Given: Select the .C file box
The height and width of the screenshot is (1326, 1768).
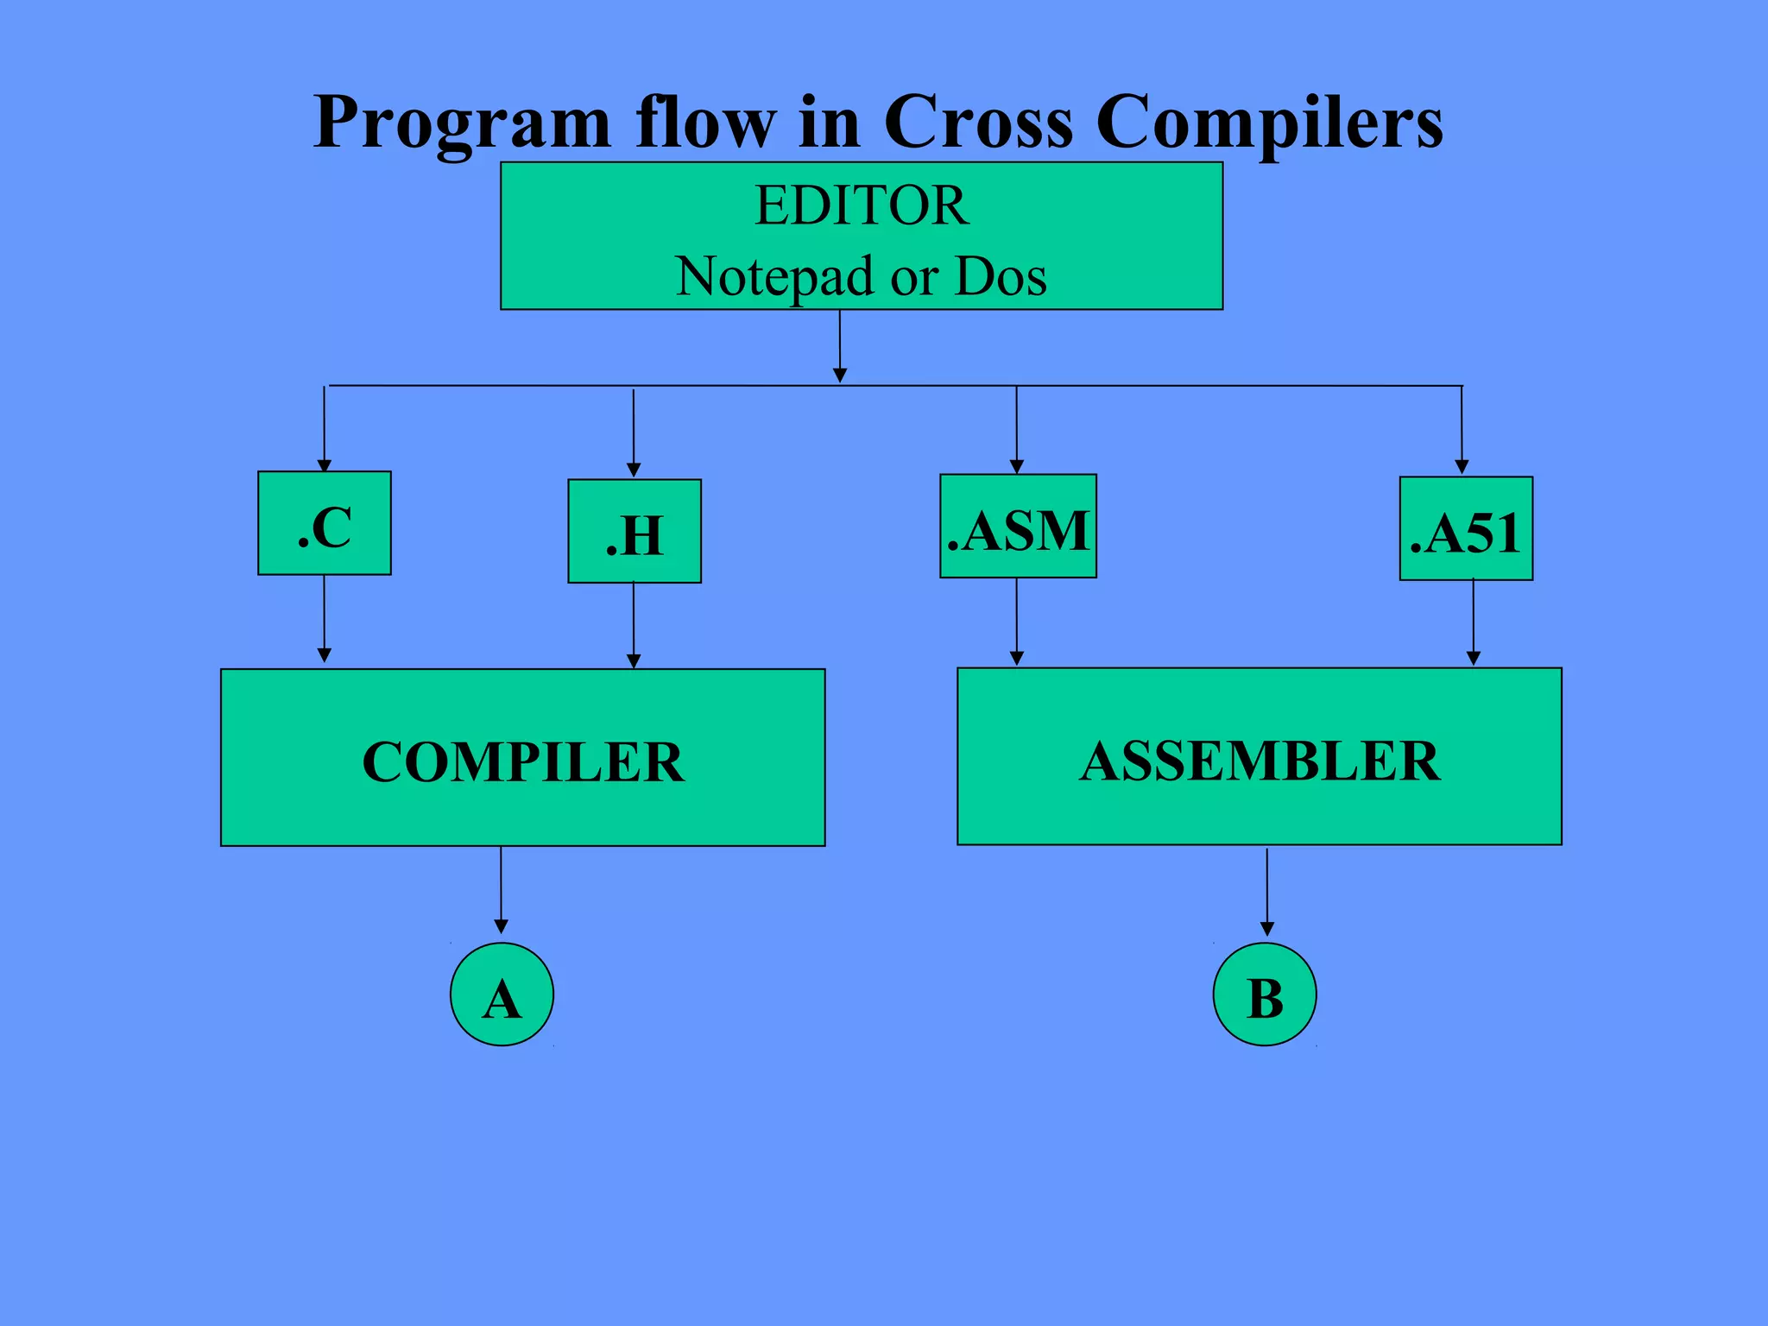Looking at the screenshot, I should (325, 523).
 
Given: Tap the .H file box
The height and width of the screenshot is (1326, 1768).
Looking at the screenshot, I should (635, 532).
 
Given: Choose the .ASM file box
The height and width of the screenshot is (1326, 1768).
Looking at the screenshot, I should (1018, 527).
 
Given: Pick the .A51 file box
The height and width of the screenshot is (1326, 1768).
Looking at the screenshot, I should (1466, 529).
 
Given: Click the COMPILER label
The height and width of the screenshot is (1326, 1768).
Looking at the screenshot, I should (523, 761).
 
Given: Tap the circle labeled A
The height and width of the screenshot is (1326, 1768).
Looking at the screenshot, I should (502, 994).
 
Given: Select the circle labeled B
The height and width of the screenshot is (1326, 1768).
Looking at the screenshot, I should (1265, 994).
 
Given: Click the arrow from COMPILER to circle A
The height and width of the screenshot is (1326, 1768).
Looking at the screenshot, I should (501, 889).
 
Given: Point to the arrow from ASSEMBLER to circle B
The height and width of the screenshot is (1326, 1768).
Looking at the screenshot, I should (1267, 891).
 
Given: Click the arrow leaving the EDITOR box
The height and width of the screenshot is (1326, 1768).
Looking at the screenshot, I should (840, 345).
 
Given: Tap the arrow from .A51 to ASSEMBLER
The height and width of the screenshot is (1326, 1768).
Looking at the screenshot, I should (1473, 622).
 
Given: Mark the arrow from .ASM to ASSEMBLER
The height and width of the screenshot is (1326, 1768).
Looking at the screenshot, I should (1017, 622).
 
